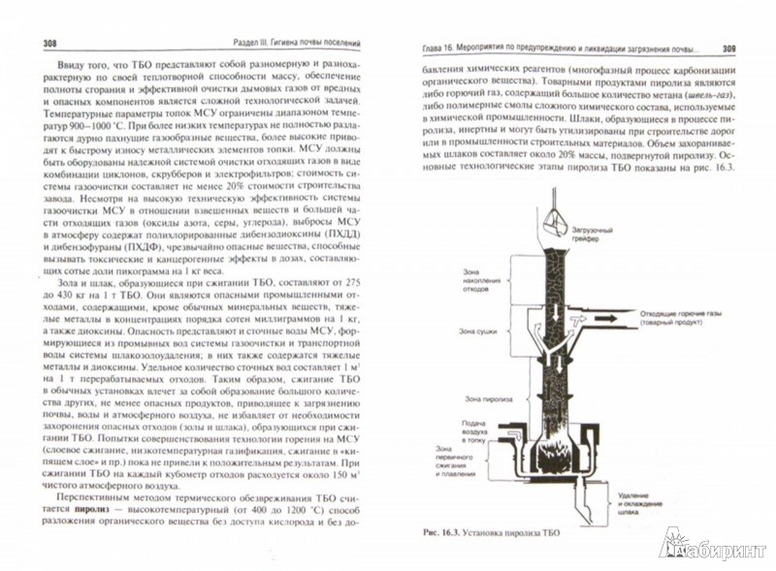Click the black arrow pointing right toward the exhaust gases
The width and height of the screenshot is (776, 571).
(621, 314)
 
